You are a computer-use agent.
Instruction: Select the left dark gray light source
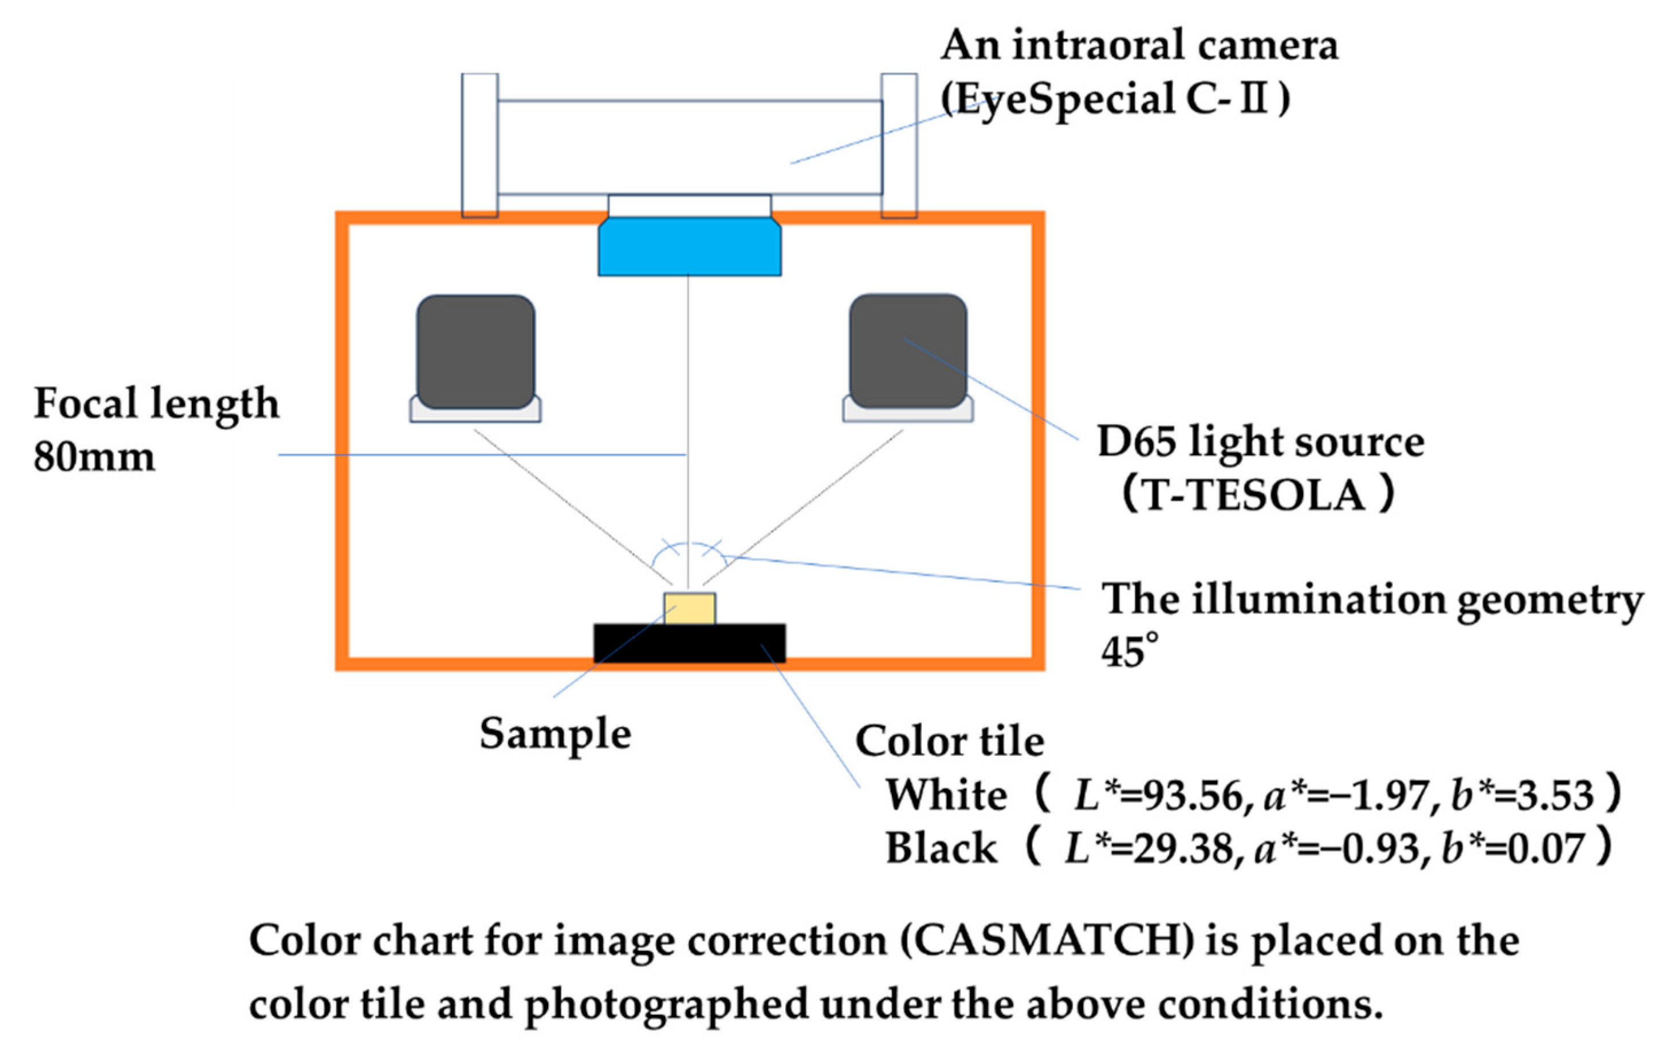click(x=475, y=351)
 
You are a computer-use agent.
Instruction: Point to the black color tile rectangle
click(x=689, y=643)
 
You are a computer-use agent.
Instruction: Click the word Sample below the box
click(x=555, y=734)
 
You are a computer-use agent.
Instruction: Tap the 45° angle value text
click(x=1128, y=651)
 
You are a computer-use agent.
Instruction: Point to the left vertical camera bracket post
click(x=479, y=144)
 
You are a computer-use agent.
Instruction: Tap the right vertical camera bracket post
click(x=899, y=144)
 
